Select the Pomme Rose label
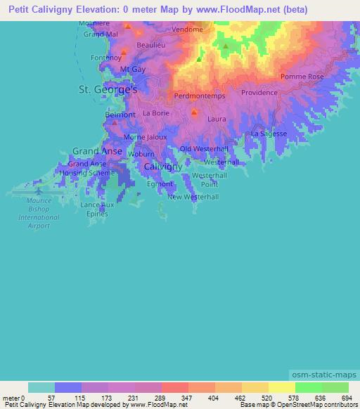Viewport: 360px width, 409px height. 302,76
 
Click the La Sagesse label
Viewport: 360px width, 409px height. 269,133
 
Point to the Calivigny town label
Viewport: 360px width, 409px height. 162,167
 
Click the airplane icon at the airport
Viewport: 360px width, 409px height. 38,190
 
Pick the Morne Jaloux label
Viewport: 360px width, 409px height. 145,137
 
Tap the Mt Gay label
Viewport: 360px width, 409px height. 133,69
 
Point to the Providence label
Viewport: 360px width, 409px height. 259,93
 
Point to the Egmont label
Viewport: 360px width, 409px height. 160,183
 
